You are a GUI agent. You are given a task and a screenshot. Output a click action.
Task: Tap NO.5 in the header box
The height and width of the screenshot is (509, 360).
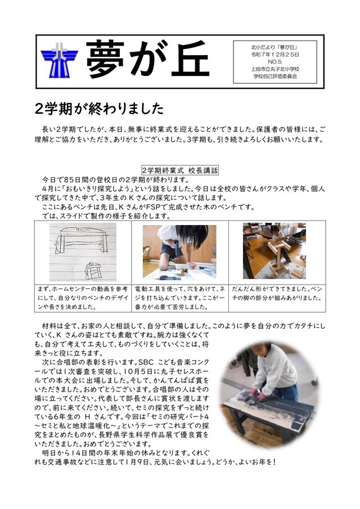[x=275, y=62]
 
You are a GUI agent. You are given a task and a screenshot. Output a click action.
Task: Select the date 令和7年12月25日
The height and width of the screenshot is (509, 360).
[x=275, y=55]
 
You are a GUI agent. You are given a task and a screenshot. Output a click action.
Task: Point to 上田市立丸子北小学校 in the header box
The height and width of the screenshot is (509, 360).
[x=275, y=69]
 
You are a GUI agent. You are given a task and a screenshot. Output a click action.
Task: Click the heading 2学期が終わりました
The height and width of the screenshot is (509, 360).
[x=98, y=107]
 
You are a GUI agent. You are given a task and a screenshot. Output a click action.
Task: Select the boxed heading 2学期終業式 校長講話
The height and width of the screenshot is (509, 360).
[x=179, y=169]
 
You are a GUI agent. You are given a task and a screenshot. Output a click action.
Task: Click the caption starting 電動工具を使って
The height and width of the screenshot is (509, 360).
[x=179, y=298]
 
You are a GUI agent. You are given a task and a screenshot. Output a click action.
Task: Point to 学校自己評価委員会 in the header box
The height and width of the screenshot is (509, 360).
[x=275, y=76]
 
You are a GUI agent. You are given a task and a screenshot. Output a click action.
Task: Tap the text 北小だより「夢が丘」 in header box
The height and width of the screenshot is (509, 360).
[x=275, y=48]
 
